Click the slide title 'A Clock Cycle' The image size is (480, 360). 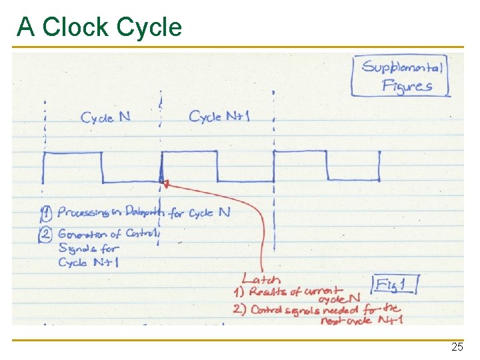(99, 27)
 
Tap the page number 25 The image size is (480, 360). (457, 347)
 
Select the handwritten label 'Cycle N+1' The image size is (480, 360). (219, 117)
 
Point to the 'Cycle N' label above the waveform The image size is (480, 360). (105, 118)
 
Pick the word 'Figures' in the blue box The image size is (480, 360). (407, 86)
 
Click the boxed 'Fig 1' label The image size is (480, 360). (395, 286)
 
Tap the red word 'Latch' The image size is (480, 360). (261, 280)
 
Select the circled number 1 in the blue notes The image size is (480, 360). (46, 214)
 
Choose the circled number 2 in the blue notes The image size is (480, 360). (46, 234)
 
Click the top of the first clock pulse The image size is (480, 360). (72, 153)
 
